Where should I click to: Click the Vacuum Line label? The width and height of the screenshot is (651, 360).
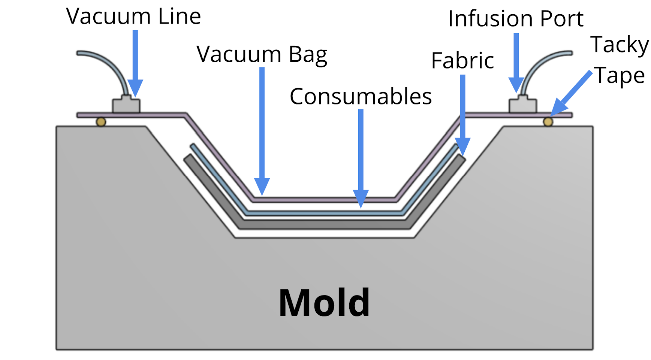point(133,17)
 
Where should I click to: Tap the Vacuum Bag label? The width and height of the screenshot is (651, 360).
point(262,55)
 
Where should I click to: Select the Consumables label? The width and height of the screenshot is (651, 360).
point(361,97)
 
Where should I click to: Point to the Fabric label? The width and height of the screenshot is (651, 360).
point(462,61)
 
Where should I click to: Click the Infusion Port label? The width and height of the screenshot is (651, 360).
point(516,19)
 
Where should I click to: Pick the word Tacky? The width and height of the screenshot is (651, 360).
point(620,45)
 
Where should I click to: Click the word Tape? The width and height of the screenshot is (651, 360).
point(620,76)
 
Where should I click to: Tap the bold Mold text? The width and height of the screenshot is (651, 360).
point(324,303)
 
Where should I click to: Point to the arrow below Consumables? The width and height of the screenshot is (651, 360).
point(361,157)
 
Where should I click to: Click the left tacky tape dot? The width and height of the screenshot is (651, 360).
point(101,122)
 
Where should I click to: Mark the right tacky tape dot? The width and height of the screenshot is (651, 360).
point(548,122)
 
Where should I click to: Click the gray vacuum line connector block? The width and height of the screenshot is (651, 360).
point(126,105)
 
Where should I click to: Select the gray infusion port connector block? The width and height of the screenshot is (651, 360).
point(523,105)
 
